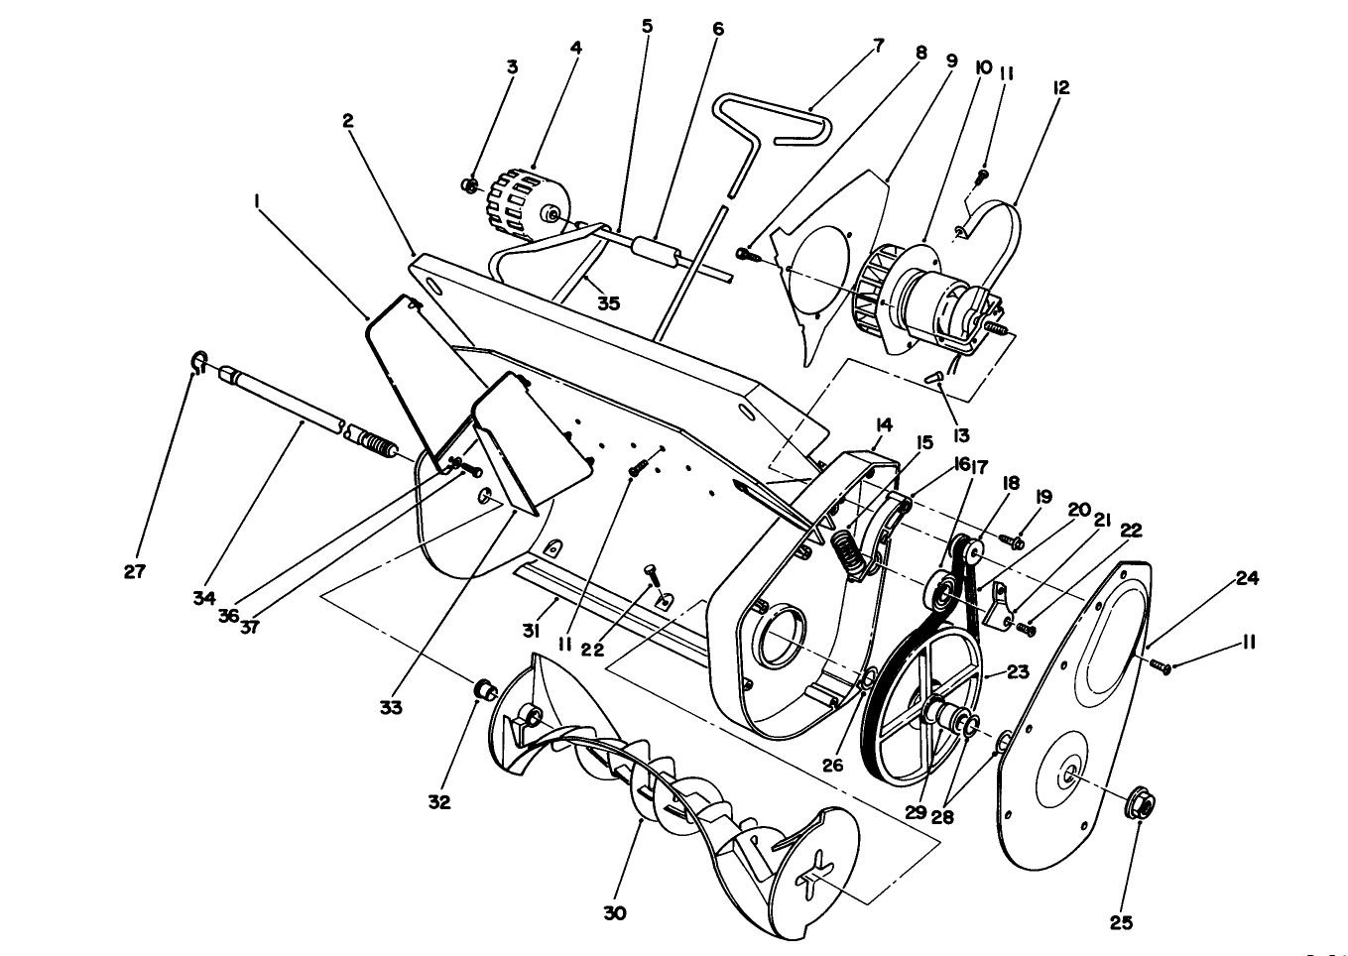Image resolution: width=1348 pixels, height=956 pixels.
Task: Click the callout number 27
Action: (x=134, y=571)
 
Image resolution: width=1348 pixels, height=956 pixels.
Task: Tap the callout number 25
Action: (x=1120, y=922)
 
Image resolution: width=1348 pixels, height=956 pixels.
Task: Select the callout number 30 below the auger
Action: (x=614, y=913)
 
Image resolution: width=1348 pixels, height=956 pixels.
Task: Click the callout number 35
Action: (x=608, y=303)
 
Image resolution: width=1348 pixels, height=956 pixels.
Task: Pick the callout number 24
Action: (x=1247, y=577)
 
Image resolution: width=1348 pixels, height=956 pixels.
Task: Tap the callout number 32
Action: (x=438, y=801)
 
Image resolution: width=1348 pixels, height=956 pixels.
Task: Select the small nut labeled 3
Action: (x=471, y=185)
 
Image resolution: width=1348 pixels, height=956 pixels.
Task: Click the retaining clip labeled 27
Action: (x=197, y=363)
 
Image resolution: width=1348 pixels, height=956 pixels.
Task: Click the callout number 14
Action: (x=883, y=424)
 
